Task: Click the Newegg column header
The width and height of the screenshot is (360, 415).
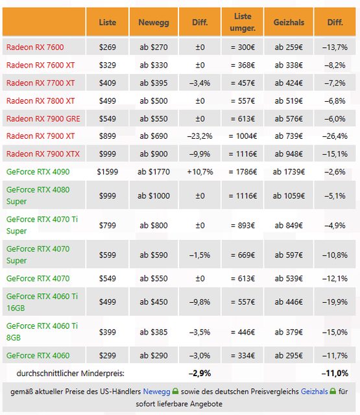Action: click(154, 22)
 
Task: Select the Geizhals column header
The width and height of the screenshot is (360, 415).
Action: click(289, 22)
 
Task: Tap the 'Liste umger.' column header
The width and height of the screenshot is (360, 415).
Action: click(243, 22)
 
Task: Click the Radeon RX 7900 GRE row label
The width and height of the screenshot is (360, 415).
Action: click(43, 119)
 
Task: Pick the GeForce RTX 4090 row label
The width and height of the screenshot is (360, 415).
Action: click(38, 172)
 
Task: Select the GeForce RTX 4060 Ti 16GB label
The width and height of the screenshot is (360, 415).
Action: click(42, 302)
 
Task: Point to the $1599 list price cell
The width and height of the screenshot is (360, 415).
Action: click(108, 172)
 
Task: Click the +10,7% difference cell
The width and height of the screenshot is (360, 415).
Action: click(200, 172)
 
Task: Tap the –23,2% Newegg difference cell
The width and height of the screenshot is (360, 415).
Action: click(200, 136)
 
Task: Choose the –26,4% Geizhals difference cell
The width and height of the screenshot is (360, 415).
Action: click(335, 136)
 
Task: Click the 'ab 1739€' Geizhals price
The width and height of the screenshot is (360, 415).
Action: click(289, 172)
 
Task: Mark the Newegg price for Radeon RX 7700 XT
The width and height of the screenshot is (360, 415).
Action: click(154, 83)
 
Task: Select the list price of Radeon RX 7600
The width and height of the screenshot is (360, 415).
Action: click(108, 47)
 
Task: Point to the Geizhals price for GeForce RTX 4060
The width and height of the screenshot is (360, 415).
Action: click(289, 355)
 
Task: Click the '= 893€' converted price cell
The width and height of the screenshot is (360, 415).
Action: click(243, 226)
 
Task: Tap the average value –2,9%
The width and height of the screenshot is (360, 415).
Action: click(200, 373)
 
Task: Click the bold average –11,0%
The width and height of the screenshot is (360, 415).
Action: click(335, 373)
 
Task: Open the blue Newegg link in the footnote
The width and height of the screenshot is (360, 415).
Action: click(157, 392)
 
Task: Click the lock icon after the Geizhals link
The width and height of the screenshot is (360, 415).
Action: click(333, 391)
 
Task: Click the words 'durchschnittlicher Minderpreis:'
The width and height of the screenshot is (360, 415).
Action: click(71, 373)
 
